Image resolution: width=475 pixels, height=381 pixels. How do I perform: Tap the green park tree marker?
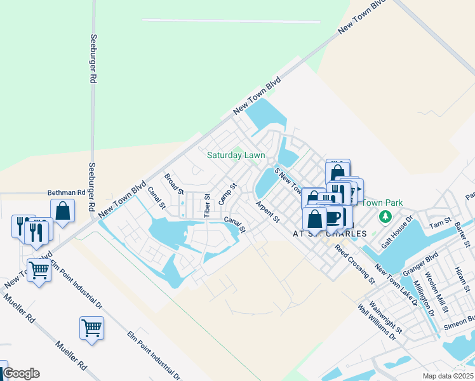pos(384,217)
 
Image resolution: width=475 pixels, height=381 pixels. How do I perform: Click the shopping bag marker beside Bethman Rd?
pos(63,211)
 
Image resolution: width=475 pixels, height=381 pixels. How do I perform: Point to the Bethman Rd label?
pos(66,192)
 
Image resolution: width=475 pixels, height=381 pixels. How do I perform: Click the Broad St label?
pos(174,184)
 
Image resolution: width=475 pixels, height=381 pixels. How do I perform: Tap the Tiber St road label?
pos(207,204)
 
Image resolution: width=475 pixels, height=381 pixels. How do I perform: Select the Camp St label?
pos(227,194)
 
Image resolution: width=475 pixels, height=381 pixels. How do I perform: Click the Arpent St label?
pos(267,212)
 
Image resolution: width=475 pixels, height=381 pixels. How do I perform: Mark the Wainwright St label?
pos(389,317)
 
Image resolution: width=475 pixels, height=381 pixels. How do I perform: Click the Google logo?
pos(21,373)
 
